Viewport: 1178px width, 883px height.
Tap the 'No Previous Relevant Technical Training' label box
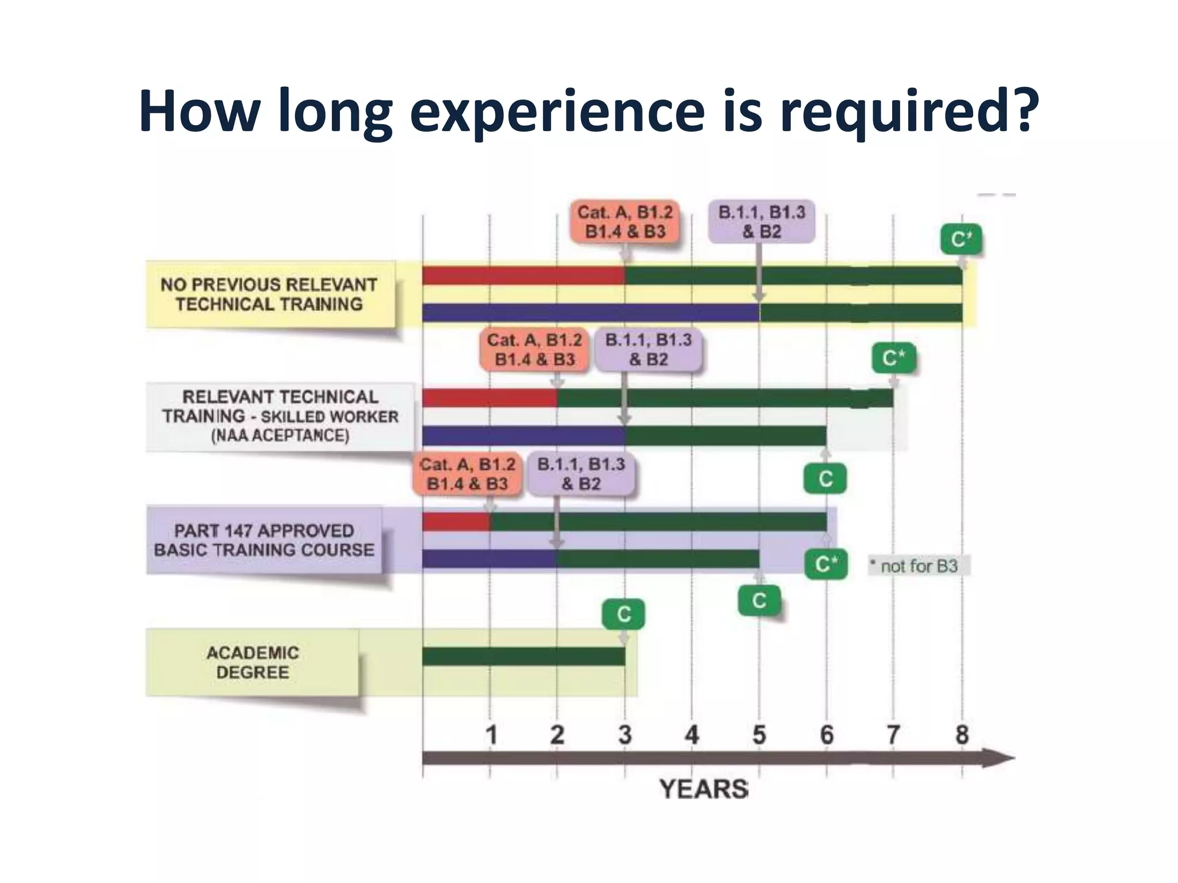[269, 294]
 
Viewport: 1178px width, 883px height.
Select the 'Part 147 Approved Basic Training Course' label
[264, 540]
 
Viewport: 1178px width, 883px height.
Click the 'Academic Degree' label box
[253, 662]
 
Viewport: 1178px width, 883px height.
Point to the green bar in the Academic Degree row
[523, 657]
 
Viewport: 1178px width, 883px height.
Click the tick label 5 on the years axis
[759, 735]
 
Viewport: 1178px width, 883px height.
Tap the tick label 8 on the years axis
[962, 735]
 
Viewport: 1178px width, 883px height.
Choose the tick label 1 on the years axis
[491, 735]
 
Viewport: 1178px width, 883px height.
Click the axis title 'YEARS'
[703, 789]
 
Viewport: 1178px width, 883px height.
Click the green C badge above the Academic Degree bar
[624, 615]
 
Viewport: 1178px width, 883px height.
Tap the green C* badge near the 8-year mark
[961, 239]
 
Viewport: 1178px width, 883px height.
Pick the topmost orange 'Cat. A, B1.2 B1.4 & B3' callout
[625, 222]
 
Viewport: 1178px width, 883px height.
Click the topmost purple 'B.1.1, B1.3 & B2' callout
[762, 222]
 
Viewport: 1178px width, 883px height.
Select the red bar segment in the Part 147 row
[456, 522]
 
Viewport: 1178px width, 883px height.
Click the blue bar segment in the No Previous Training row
[590, 313]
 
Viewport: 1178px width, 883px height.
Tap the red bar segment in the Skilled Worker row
[489, 398]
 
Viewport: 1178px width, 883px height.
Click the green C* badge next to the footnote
[826, 565]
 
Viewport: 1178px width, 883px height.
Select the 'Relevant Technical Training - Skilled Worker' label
[280, 416]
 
